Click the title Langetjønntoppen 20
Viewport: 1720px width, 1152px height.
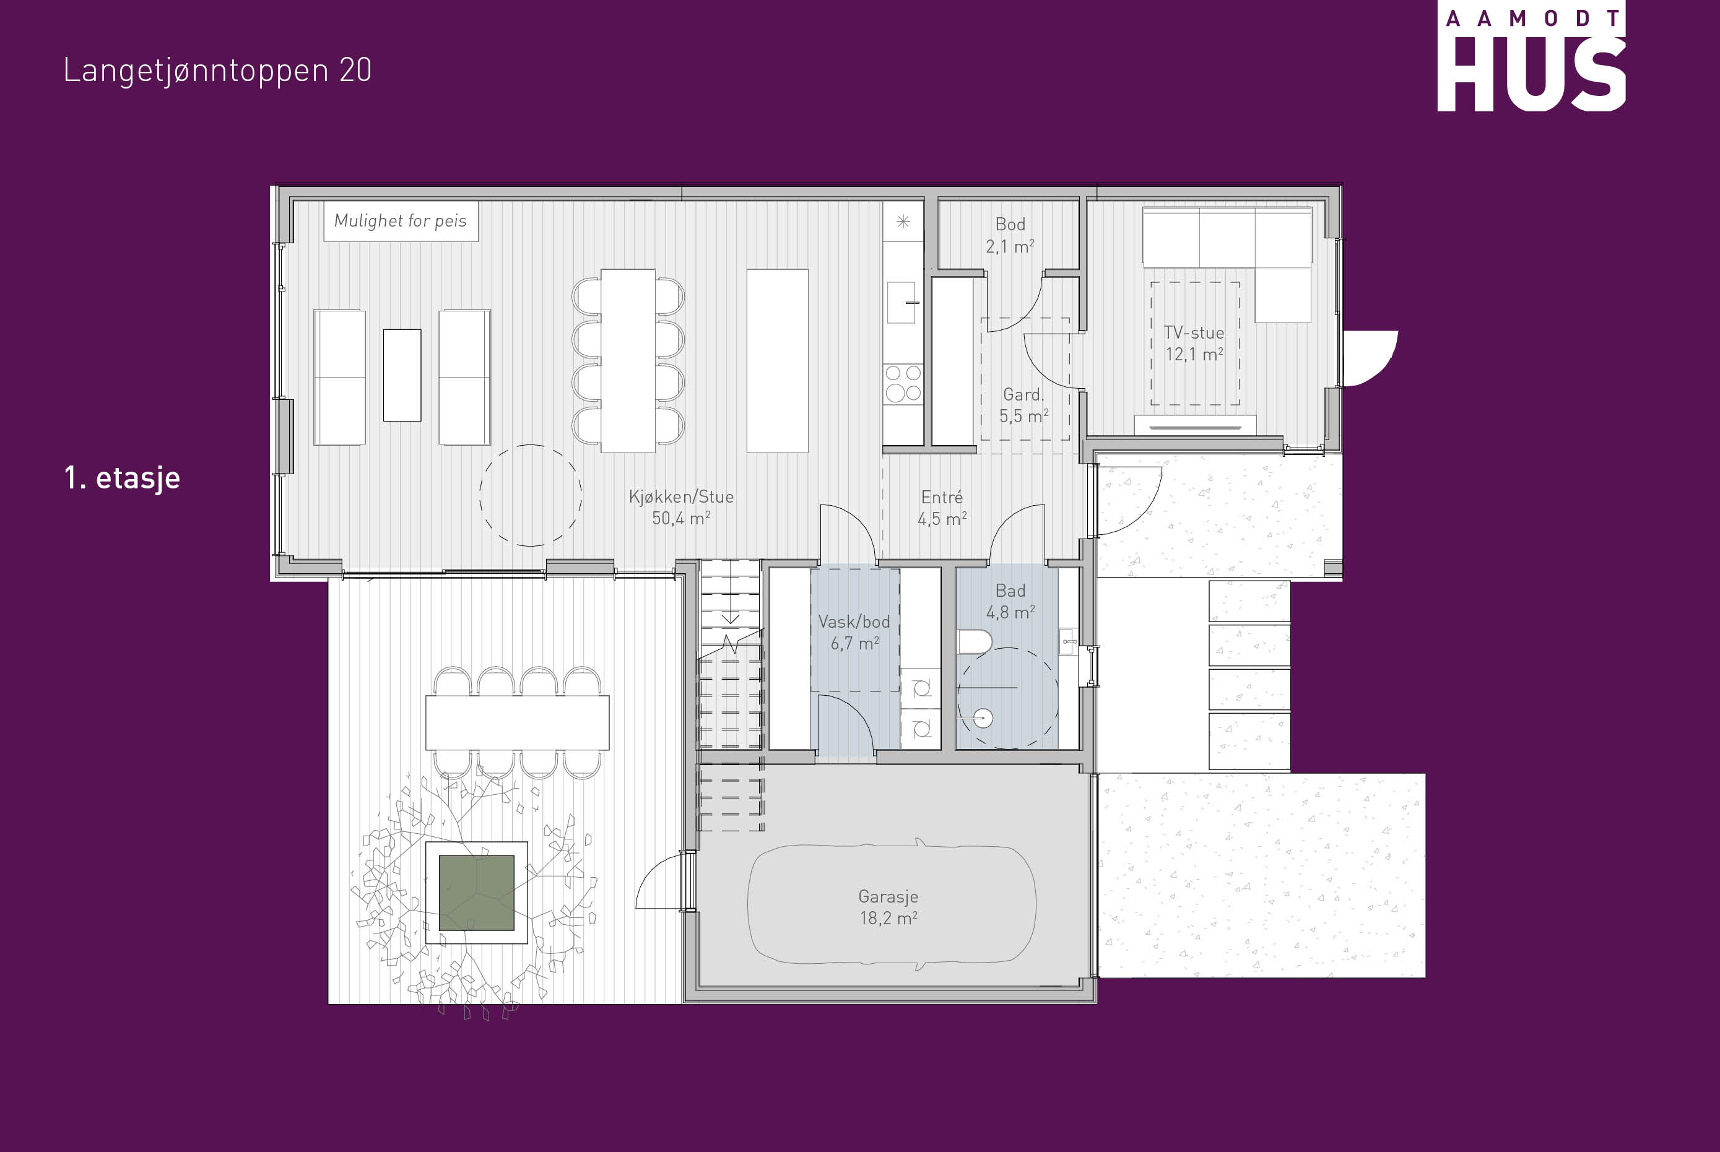coord(217,71)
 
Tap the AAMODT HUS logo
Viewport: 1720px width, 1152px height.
coord(1531,58)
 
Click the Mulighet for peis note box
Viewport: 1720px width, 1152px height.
coord(401,221)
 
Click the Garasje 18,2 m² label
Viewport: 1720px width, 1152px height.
coord(888,907)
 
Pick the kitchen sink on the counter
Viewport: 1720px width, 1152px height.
coord(902,303)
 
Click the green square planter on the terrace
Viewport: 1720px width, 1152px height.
coord(476,893)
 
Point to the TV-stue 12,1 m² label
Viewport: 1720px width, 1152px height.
coord(1194,344)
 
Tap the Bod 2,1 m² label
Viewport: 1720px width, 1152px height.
coord(1010,235)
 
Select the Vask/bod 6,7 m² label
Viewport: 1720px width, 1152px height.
coord(854,633)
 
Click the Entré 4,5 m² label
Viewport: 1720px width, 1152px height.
coord(942,508)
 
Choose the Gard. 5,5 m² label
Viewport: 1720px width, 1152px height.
coord(1023,405)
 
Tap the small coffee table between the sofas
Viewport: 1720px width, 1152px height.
coord(402,375)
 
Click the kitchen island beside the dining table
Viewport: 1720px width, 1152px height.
coord(777,361)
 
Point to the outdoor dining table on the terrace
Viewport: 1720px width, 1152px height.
coord(517,723)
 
